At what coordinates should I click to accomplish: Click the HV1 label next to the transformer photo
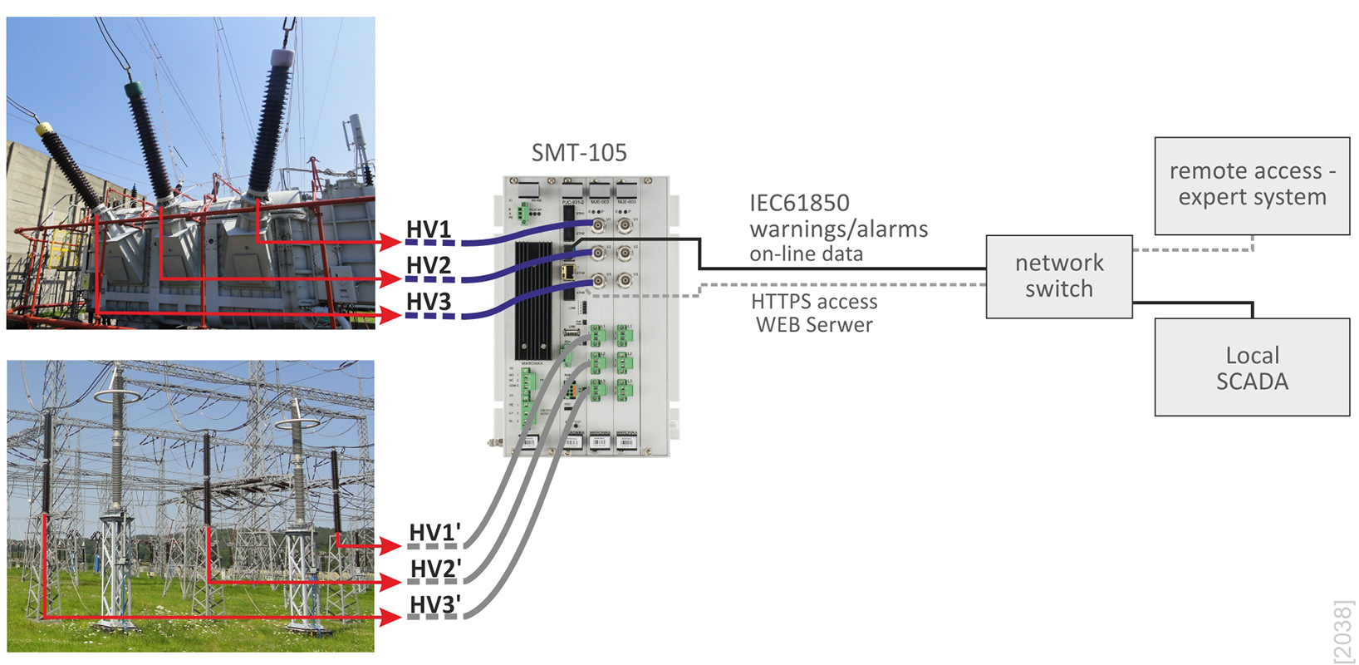pos(429,229)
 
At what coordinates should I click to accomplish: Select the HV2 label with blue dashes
pos(429,266)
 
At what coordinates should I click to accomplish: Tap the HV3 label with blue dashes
pos(429,302)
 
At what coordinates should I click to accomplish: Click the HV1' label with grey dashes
pos(434,533)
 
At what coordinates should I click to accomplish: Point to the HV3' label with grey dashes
pos(434,605)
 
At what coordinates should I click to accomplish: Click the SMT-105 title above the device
pos(579,153)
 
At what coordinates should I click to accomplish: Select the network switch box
pos(1059,276)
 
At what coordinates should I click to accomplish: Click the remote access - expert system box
pos(1252,185)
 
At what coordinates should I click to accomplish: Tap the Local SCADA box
pos(1252,368)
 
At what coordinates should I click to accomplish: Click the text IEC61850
pos(799,204)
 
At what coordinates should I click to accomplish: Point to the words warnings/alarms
pos(839,229)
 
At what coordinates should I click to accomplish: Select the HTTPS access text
pos(814,302)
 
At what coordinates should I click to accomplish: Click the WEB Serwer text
pos(814,325)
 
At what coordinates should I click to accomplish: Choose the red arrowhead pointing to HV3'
pos(392,618)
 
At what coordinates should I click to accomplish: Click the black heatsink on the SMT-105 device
pos(533,299)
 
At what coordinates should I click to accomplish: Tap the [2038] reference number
pos(1342,632)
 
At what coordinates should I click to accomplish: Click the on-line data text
pos(806,254)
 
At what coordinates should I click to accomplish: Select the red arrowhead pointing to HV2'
pos(392,582)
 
